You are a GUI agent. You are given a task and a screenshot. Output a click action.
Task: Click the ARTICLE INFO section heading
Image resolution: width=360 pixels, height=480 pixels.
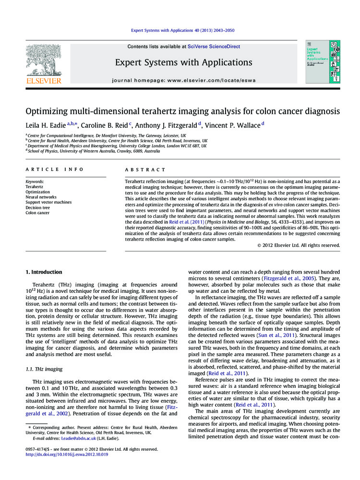tap(54, 169)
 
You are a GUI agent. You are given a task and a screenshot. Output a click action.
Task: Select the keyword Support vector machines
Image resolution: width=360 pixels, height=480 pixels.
tap(48, 202)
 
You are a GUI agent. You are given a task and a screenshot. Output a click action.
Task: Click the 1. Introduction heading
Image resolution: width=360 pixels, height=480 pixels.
tap(44, 272)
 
